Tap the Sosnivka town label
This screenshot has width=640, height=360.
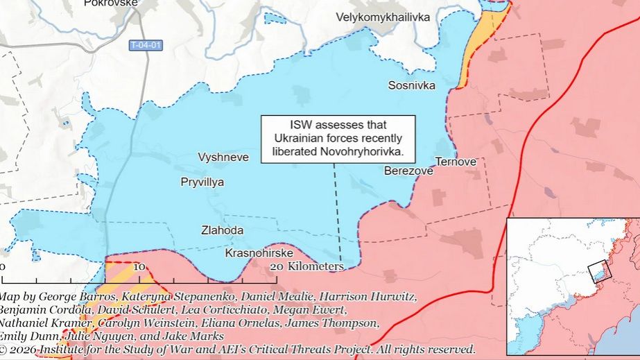[x=411, y=85]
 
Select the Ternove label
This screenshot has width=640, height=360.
[x=456, y=162]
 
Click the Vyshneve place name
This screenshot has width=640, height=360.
[x=223, y=157]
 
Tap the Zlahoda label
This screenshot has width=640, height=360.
[x=222, y=230]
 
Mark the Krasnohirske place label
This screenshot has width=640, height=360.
[x=259, y=254]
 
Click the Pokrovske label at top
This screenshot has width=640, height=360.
[x=111, y=3]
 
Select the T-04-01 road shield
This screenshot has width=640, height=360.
[x=146, y=46]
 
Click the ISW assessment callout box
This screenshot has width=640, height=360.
[x=338, y=139]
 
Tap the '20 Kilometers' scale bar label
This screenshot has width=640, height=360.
[x=306, y=266]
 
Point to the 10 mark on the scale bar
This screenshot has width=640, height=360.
[x=138, y=266]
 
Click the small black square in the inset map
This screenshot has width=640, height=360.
[x=598, y=271]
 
